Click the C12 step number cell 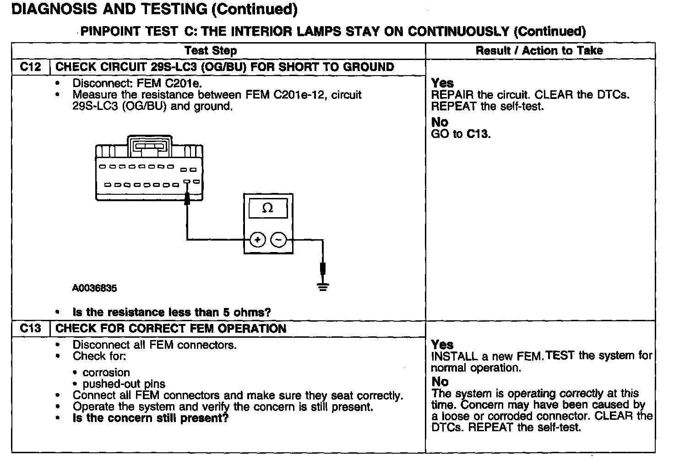point(30,67)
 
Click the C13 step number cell point(30,329)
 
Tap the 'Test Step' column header point(211,50)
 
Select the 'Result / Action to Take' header point(539,50)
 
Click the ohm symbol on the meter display point(268,209)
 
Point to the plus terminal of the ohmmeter point(258,239)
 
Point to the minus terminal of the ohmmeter point(278,239)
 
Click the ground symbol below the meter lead point(323,287)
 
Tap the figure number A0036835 point(94,288)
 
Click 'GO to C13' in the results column point(461,134)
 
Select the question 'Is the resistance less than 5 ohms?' point(172,313)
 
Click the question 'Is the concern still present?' point(150,418)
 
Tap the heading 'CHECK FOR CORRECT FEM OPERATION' point(171,329)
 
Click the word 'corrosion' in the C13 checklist point(106,373)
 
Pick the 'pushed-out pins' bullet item point(124,384)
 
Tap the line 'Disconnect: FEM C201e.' point(137,83)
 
